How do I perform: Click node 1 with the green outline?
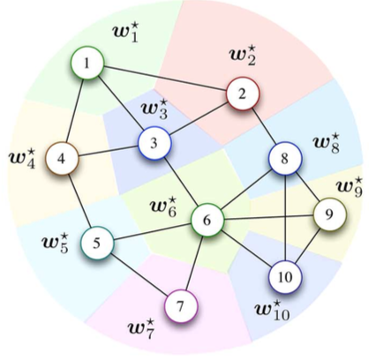87,63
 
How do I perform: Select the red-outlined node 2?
243,94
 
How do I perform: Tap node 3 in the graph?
154,144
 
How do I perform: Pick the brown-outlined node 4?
62,159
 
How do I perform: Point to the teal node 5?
97,243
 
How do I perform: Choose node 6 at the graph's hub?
207,220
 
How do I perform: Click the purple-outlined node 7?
181,306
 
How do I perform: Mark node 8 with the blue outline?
285,159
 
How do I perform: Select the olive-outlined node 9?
330,214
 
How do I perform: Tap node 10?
285,277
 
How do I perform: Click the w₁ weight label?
125,34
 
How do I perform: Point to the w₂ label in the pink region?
243,55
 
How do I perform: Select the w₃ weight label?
154,109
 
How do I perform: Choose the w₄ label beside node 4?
22,159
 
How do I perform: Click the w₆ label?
163,207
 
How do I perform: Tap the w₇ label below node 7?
141,328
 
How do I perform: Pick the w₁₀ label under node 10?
272,310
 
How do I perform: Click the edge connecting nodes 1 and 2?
165,79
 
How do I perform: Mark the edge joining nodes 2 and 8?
264,126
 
